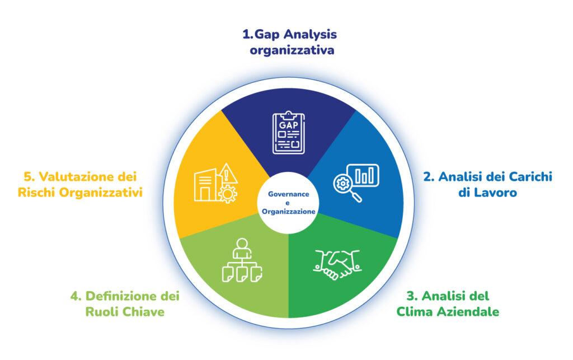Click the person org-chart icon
(242, 260)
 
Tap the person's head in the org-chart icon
(242, 244)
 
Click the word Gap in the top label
(268, 34)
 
